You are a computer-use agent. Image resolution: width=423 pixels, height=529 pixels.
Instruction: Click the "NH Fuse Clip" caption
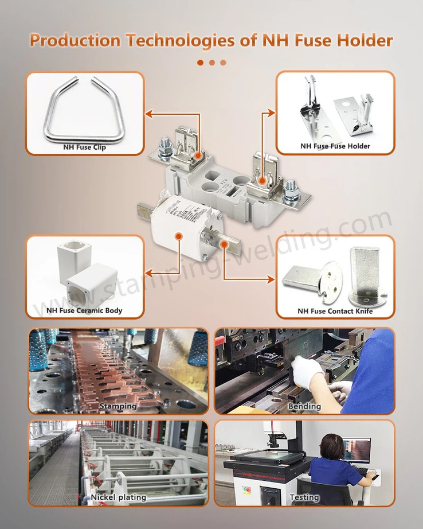point(84,147)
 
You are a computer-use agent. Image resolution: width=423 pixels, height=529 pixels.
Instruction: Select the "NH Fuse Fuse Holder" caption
point(335,146)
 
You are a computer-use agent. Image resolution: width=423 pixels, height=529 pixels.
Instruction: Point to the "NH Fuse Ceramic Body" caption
point(84,310)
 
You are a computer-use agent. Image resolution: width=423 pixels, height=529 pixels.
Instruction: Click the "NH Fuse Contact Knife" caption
point(335,311)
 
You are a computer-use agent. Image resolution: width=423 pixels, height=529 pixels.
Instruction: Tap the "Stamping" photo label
point(118,406)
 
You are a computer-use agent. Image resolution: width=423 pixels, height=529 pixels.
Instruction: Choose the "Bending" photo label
point(304,406)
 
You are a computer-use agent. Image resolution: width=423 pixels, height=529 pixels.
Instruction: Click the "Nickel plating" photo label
point(118,497)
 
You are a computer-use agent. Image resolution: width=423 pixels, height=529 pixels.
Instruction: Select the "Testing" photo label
point(304,497)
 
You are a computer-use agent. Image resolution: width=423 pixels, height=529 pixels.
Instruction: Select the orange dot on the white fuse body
point(179,236)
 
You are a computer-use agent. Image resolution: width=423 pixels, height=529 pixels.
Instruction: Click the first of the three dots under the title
point(200,63)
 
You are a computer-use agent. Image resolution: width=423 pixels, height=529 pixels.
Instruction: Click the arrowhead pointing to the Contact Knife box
point(271,279)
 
